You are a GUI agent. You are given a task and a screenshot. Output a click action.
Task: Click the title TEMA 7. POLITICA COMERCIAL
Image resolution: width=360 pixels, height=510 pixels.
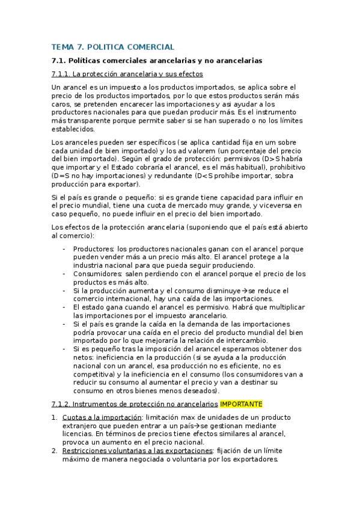point(113,46)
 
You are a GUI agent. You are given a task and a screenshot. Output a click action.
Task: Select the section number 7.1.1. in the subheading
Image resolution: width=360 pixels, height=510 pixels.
point(62,74)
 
